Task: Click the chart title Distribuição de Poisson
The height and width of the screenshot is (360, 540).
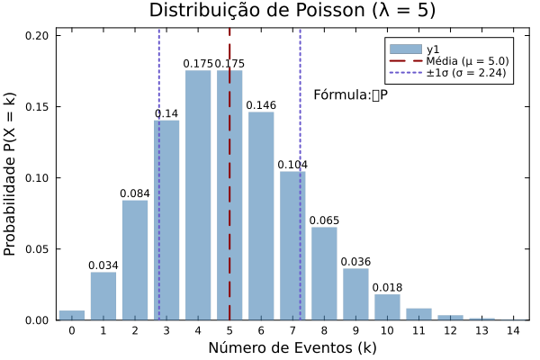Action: coord(292,11)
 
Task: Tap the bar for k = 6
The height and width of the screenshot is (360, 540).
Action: coord(261,216)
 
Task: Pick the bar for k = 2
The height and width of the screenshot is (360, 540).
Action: coord(135,260)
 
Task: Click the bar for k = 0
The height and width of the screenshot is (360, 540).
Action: coord(72,315)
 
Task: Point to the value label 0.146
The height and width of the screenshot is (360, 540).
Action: coord(261,106)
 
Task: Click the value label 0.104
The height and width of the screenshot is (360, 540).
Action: coord(292,166)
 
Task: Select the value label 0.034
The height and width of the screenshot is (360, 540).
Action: coord(103,266)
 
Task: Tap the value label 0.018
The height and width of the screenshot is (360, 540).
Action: coord(387,288)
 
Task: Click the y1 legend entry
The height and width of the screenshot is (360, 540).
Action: coord(432,49)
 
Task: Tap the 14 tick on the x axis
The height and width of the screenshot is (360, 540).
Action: coord(513,331)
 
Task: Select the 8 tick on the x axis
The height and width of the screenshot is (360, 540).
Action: coord(324,331)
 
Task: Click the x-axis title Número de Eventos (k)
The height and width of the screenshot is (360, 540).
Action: coord(292,348)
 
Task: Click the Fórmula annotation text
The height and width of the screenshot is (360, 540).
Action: coord(350,94)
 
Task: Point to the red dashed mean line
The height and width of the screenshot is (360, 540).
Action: coord(229,225)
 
